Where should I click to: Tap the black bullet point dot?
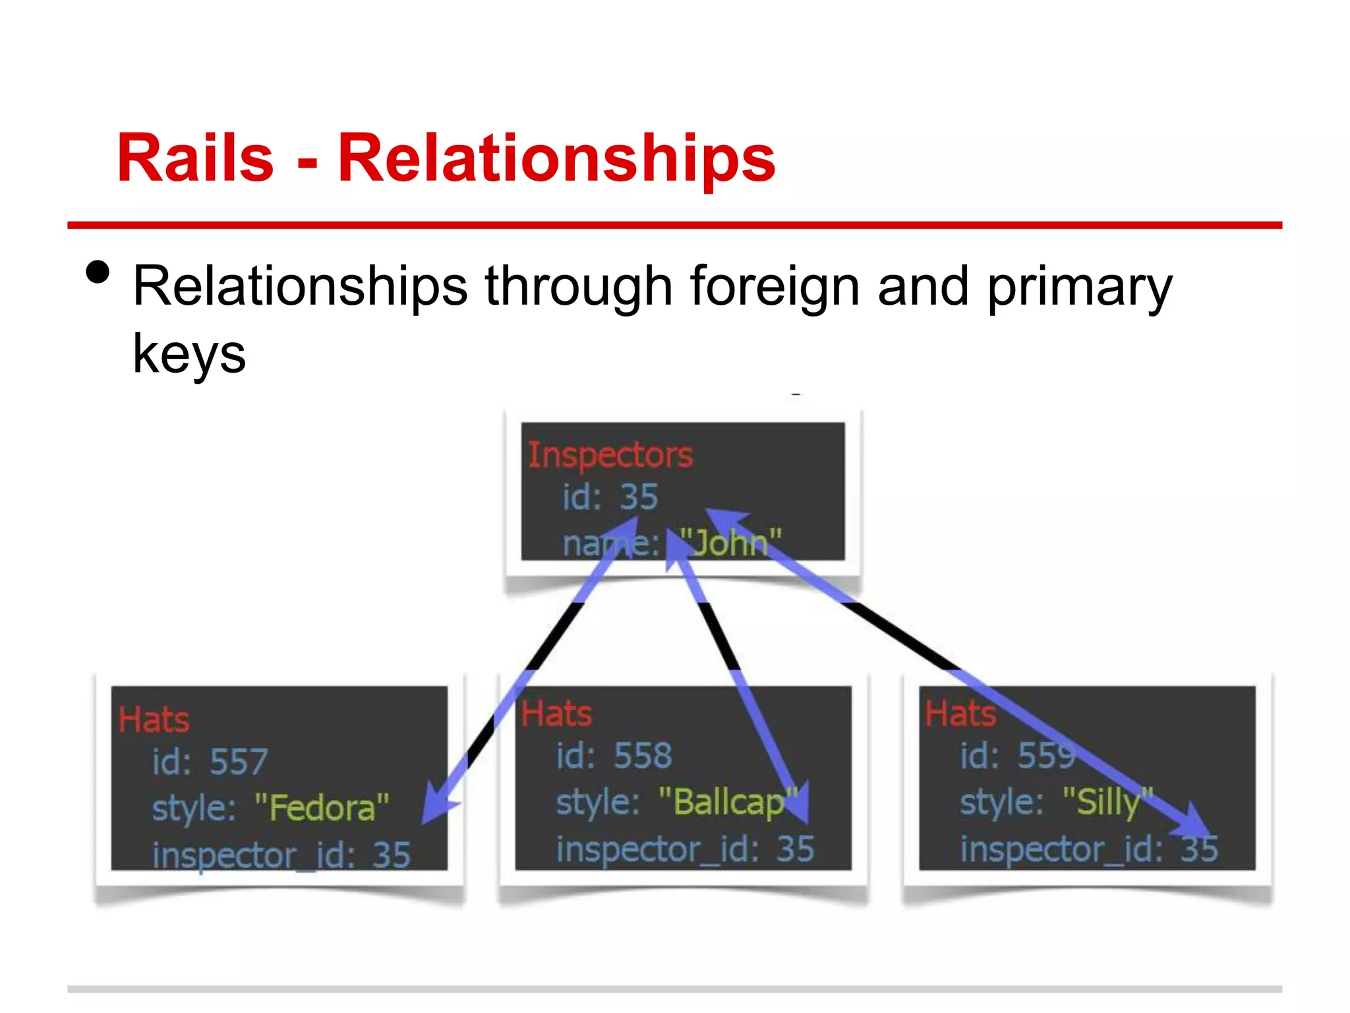[98, 272]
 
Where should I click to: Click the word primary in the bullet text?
[1079, 288]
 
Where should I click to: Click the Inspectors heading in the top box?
[610, 454]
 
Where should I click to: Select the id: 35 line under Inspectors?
[610, 497]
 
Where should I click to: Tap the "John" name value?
[730, 543]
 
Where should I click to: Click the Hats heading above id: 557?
[154, 719]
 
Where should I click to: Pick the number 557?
[238, 762]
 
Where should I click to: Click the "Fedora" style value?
[322, 807]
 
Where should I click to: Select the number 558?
[643, 756]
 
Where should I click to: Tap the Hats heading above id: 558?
[557, 714]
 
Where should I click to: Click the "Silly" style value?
[1107, 802]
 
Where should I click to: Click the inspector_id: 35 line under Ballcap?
[685, 849]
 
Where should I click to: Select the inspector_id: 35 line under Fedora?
[281, 855]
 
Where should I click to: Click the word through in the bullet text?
[579, 288]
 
